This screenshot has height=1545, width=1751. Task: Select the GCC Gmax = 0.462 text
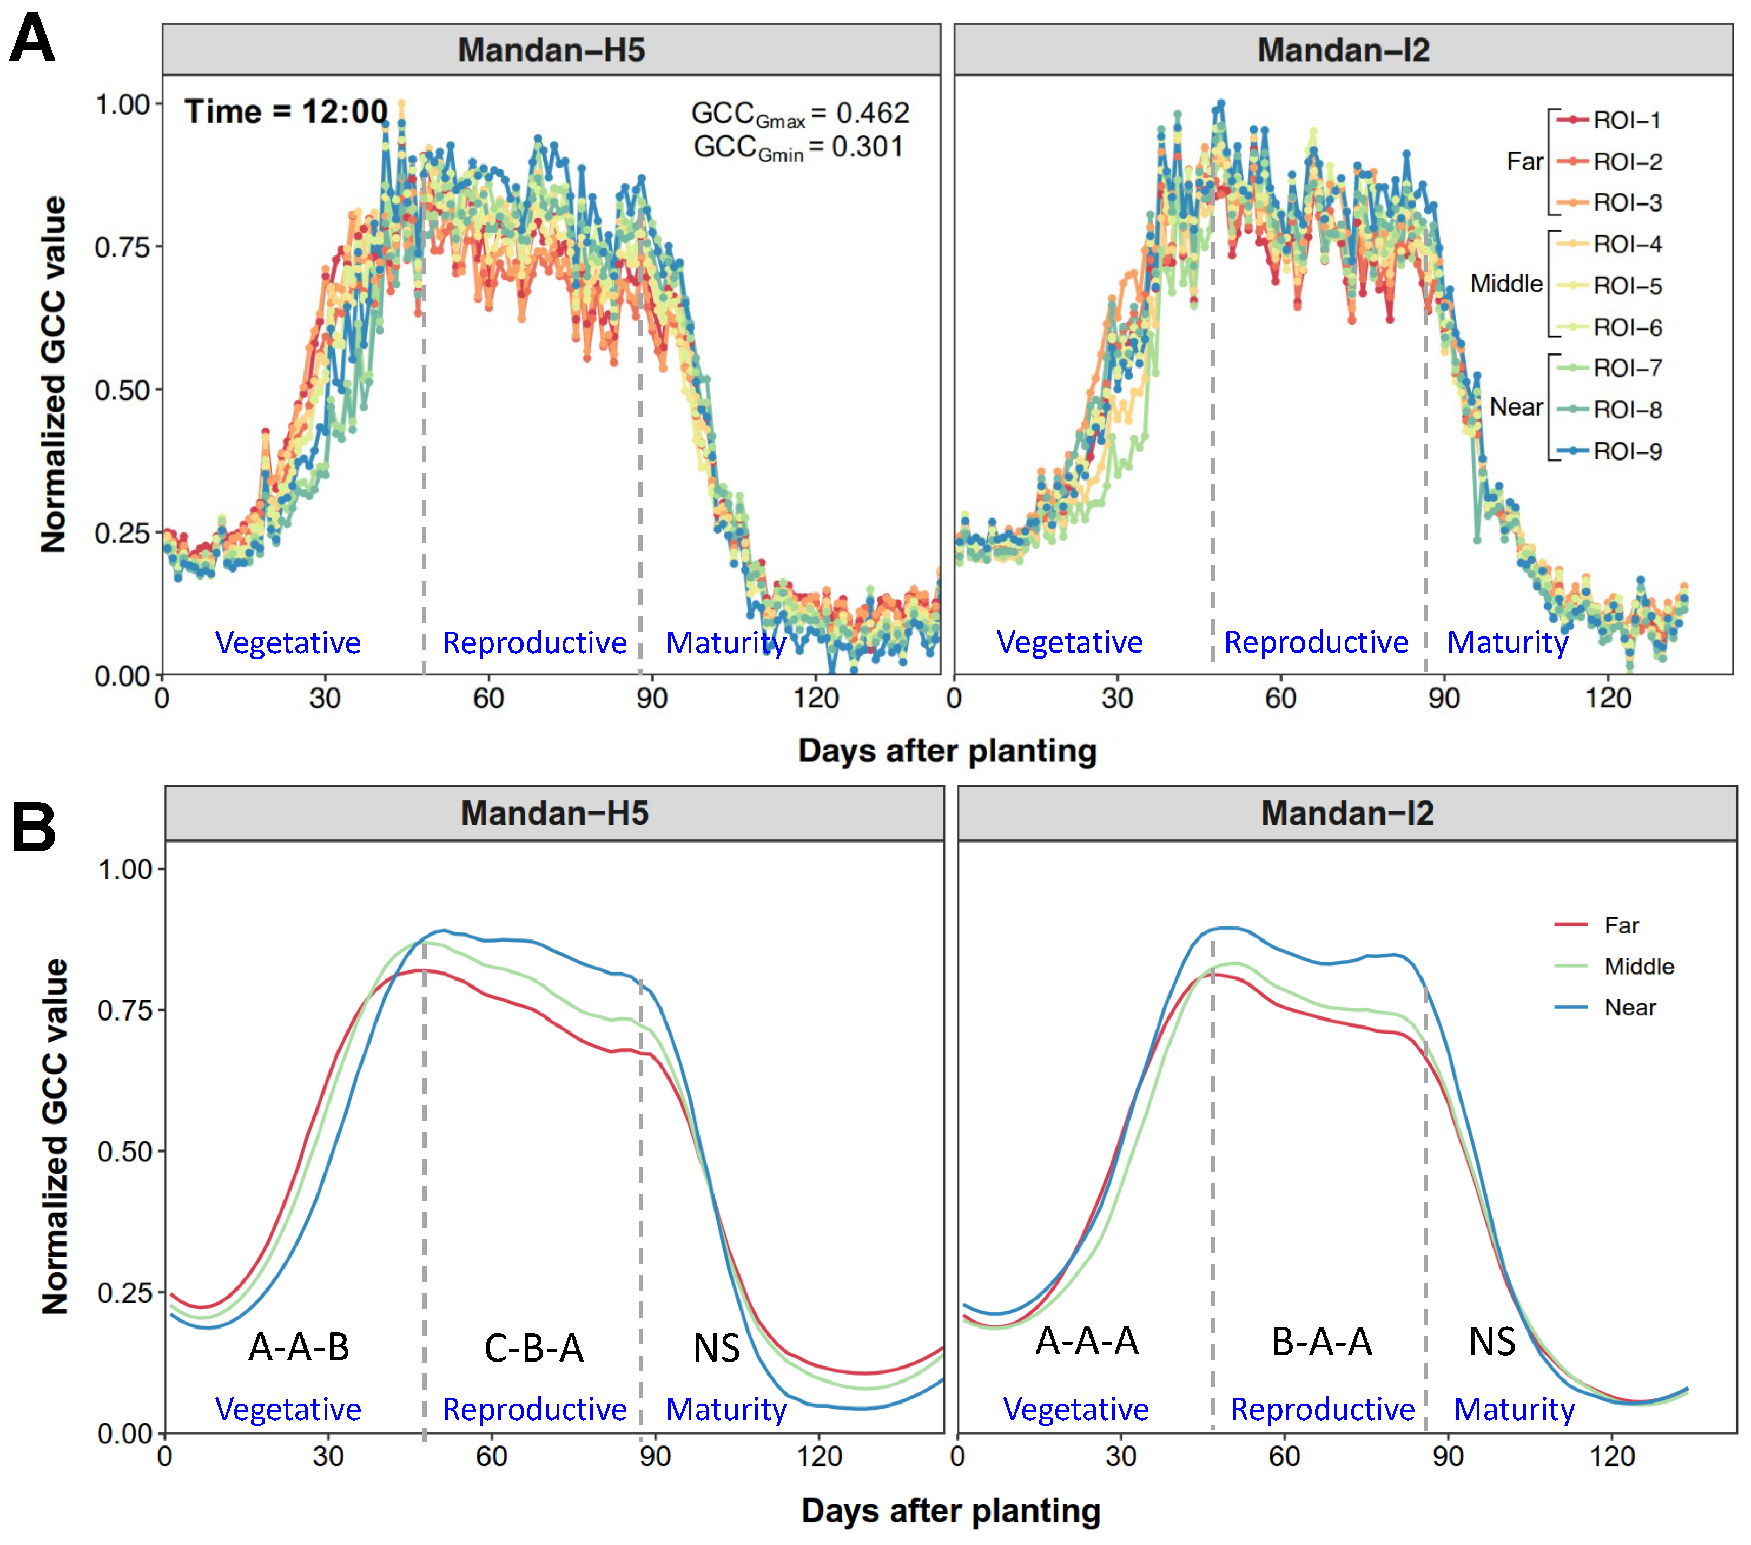point(799,113)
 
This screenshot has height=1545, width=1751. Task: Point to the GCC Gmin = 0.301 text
point(797,147)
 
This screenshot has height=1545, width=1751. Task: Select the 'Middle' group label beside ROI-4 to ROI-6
point(1506,284)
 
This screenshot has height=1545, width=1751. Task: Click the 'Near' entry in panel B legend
point(1629,1008)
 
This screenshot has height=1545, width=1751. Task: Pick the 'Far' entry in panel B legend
point(1621,925)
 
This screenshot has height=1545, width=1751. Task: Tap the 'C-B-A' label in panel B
point(534,1349)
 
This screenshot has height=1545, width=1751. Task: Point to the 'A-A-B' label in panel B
point(299,1347)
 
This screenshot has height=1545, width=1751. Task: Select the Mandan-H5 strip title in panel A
point(551,50)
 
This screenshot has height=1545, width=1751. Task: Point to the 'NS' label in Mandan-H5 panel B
point(716,1349)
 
